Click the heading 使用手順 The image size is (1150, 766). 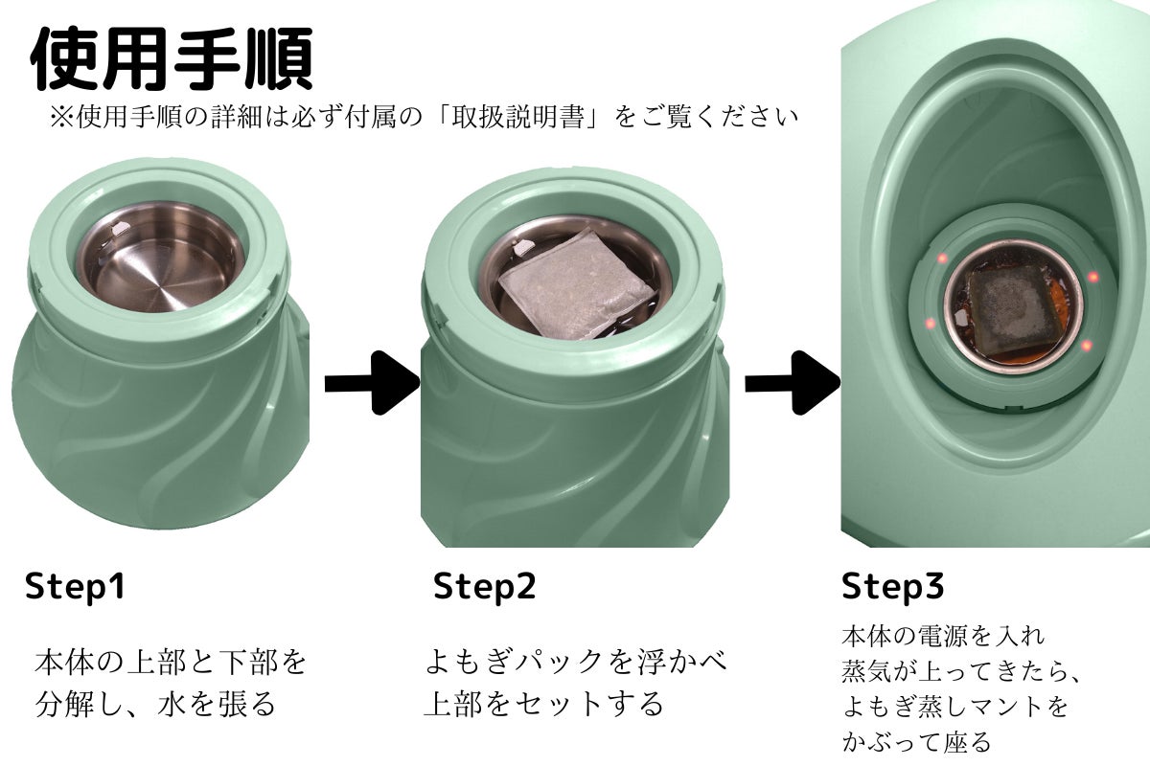[x=172, y=58]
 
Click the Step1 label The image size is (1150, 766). [x=75, y=586]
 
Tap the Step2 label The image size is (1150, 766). [x=485, y=586]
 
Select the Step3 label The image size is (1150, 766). [x=893, y=586]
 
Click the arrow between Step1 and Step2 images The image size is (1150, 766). [x=373, y=383]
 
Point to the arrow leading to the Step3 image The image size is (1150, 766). [x=793, y=383]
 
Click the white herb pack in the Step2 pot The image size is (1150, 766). [x=576, y=283]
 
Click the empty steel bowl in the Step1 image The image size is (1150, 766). [x=161, y=257]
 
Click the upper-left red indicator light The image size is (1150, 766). [x=943, y=259]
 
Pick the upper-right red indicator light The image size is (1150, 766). [x=1093, y=277]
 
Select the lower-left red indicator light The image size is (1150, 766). [x=930, y=324]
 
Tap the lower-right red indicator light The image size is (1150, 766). [x=1085, y=346]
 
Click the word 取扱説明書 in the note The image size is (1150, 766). [x=518, y=118]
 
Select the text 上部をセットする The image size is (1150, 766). [x=543, y=704]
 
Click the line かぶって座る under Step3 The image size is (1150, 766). [x=916, y=742]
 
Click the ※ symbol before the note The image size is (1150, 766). [x=62, y=118]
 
